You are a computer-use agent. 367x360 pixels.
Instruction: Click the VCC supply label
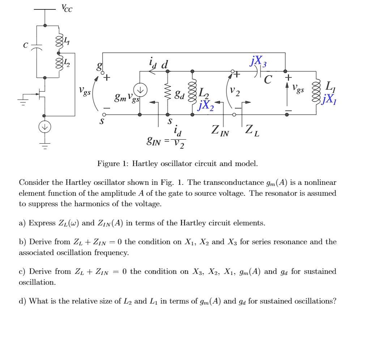67,8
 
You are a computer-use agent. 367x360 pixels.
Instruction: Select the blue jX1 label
330,98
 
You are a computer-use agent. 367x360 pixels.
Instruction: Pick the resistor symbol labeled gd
167,93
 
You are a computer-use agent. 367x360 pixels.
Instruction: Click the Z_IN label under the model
220,131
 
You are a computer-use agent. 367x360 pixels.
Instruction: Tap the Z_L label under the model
252,130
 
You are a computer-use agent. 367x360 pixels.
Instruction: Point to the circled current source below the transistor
45,127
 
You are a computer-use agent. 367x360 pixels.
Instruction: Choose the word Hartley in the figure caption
144,164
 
